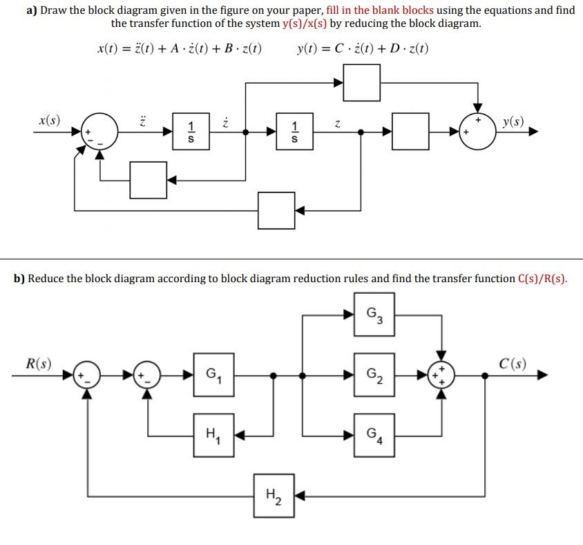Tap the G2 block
click(374, 375)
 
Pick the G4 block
click(374, 435)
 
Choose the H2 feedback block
click(274, 494)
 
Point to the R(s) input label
click(38, 364)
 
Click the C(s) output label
click(513, 364)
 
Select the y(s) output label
click(513, 123)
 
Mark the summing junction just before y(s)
click(477, 131)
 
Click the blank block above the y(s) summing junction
click(361, 83)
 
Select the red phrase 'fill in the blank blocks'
click(379, 10)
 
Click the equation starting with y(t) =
click(362, 49)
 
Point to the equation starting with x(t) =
click(179, 49)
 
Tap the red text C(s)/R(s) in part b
click(542, 279)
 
